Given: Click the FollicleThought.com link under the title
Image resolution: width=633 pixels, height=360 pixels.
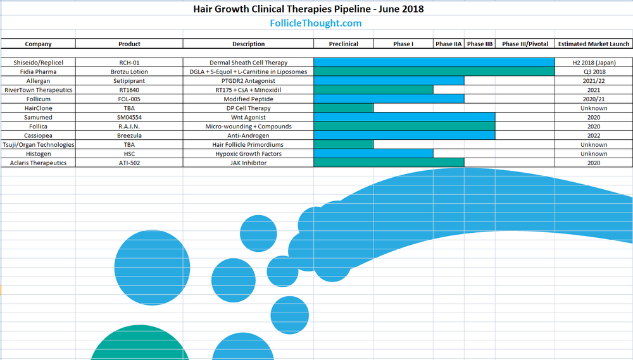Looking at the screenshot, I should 316,23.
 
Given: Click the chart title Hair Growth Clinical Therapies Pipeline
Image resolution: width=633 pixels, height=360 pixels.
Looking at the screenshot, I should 310,9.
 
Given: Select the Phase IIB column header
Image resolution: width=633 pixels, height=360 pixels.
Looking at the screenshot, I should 479,44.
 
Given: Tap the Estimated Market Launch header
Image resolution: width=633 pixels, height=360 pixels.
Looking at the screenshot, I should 593,44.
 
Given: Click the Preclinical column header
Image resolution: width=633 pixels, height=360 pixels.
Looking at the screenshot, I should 343,44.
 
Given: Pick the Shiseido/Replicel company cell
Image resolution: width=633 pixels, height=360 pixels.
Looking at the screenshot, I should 38,63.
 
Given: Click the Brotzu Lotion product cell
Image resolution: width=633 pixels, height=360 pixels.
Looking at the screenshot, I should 129,71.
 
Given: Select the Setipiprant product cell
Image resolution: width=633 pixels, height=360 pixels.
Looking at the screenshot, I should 129,81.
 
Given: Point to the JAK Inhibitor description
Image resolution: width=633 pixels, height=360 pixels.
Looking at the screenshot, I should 248,163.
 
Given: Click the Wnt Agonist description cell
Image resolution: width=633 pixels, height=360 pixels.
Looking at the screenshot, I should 248,117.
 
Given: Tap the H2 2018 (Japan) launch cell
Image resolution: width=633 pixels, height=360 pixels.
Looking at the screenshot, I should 593,63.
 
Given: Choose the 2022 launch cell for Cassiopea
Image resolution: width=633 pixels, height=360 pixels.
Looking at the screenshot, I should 593,135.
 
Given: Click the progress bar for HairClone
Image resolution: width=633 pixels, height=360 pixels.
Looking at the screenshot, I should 343,108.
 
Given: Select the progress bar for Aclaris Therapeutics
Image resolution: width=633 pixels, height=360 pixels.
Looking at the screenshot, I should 389,163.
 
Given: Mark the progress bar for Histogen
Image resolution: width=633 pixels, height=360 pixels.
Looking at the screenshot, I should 373,154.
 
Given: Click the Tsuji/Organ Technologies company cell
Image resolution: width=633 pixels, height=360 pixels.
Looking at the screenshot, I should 38,145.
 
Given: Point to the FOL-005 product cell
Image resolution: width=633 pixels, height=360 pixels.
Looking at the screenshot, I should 129,99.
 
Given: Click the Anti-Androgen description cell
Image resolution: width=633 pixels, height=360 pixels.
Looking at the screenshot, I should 248,135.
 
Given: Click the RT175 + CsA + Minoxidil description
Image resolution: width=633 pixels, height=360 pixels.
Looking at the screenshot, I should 248,90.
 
